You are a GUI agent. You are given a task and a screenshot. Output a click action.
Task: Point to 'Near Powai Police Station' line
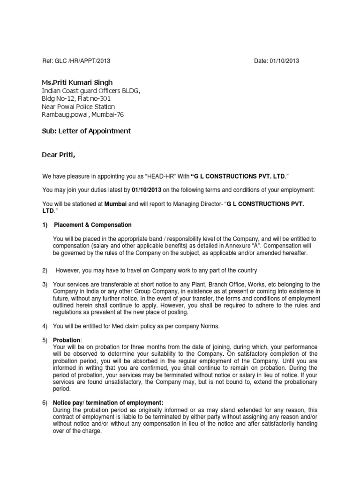(x=78, y=106)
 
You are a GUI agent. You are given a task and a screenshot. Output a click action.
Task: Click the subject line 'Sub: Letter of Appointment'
(x=86, y=131)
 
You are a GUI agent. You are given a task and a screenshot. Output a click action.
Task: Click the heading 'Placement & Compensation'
(x=93, y=225)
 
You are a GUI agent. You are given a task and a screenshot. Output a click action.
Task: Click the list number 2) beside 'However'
(x=45, y=270)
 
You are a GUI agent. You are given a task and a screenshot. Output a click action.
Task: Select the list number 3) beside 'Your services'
(x=45, y=285)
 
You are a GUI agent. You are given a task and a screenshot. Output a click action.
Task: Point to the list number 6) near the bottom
(x=45, y=403)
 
